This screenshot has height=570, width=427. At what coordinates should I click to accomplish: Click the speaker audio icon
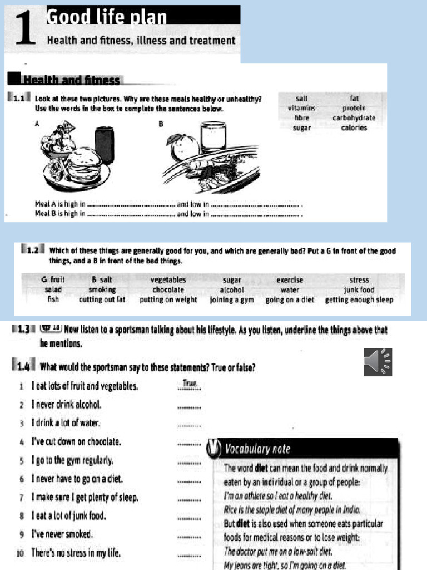pyautogui.click(x=378, y=362)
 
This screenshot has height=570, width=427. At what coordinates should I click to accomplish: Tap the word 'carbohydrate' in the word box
pyautogui.click(x=354, y=118)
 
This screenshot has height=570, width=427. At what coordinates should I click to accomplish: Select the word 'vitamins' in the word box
pyautogui.click(x=301, y=108)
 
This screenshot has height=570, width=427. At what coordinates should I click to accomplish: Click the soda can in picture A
pyautogui.click(x=104, y=145)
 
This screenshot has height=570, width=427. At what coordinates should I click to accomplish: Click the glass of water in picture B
pyautogui.click(x=213, y=136)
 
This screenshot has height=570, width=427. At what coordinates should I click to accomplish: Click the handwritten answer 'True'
pyautogui.click(x=190, y=384)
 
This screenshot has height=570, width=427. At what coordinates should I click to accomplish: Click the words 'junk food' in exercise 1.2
pyautogui.click(x=359, y=290)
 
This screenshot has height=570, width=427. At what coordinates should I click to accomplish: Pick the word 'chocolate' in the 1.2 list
pyautogui.click(x=169, y=290)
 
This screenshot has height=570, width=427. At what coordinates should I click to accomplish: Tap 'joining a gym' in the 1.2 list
pyautogui.click(x=231, y=299)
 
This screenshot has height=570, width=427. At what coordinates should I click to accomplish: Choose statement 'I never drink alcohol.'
pyautogui.click(x=67, y=405)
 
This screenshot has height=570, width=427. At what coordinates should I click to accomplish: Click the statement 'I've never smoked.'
pyautogui.click(x=62, y=534)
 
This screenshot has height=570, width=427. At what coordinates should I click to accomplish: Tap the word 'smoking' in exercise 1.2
pyautogui.click(x=102, y=290)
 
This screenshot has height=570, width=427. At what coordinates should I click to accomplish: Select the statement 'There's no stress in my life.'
pyautogui.click(x=76, y=553)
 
